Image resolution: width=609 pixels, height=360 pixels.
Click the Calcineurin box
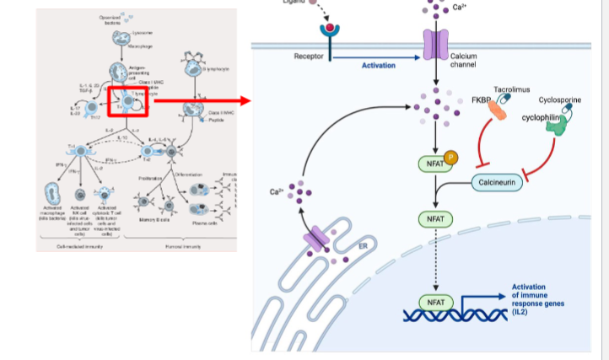pos(497,182)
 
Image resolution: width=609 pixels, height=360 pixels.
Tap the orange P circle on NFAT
pos(450,156)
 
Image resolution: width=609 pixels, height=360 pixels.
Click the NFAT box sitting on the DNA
pos(434,302)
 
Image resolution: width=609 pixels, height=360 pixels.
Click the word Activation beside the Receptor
pos(379,65)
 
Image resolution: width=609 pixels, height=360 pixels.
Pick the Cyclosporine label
pos(559,99)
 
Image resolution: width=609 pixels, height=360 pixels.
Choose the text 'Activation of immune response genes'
pos(541,299)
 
